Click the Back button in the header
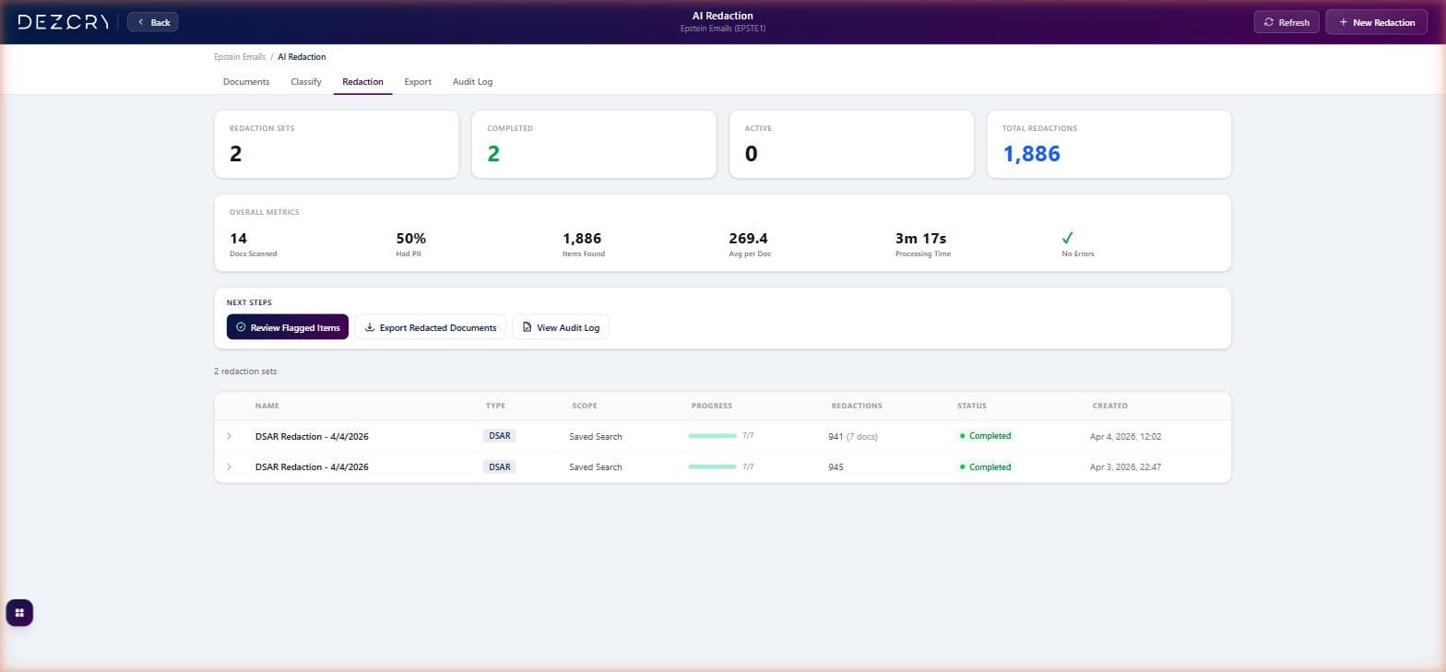point(153,22)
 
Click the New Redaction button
point(1376,22)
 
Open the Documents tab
point(246,82)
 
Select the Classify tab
point(306,82)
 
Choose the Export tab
point(418,82)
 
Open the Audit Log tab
point(472,82)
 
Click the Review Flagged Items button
point(288,327)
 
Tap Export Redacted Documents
point(430,327)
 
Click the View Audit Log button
point(561,327)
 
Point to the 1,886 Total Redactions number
point(1031,154)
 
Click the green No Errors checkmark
point(1067,238)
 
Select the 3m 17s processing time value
point(920,239)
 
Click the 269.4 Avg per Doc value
point(748,239)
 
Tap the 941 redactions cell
point(836,436)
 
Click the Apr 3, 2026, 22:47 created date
point(1125,467)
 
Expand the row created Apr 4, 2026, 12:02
point(229,436)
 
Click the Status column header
point(971,406)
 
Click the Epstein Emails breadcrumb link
point(240,57)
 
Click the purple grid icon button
point(19,613)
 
